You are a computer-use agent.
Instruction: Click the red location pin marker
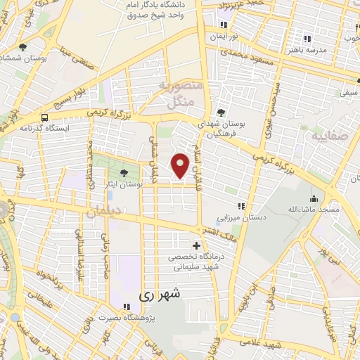[x=181, y=165]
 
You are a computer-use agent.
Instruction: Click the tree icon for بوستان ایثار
[x=124, y=172]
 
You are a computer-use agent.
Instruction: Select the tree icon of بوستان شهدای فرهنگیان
[x=221, y=112]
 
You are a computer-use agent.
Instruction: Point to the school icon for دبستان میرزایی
[x=241, y=206]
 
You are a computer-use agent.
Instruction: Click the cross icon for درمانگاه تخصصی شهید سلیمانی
[x=196, y=246]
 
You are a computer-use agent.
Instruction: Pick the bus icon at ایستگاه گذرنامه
[x=45, y=117]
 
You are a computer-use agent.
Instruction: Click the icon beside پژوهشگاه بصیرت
[x=126, y=307]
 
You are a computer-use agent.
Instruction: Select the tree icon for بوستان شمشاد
[x=23, y=47]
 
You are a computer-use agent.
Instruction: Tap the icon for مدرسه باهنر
[x=306, y=39]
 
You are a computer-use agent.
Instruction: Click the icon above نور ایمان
[x=222, y=24]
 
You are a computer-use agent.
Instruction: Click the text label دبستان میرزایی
[x=241, y=217]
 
